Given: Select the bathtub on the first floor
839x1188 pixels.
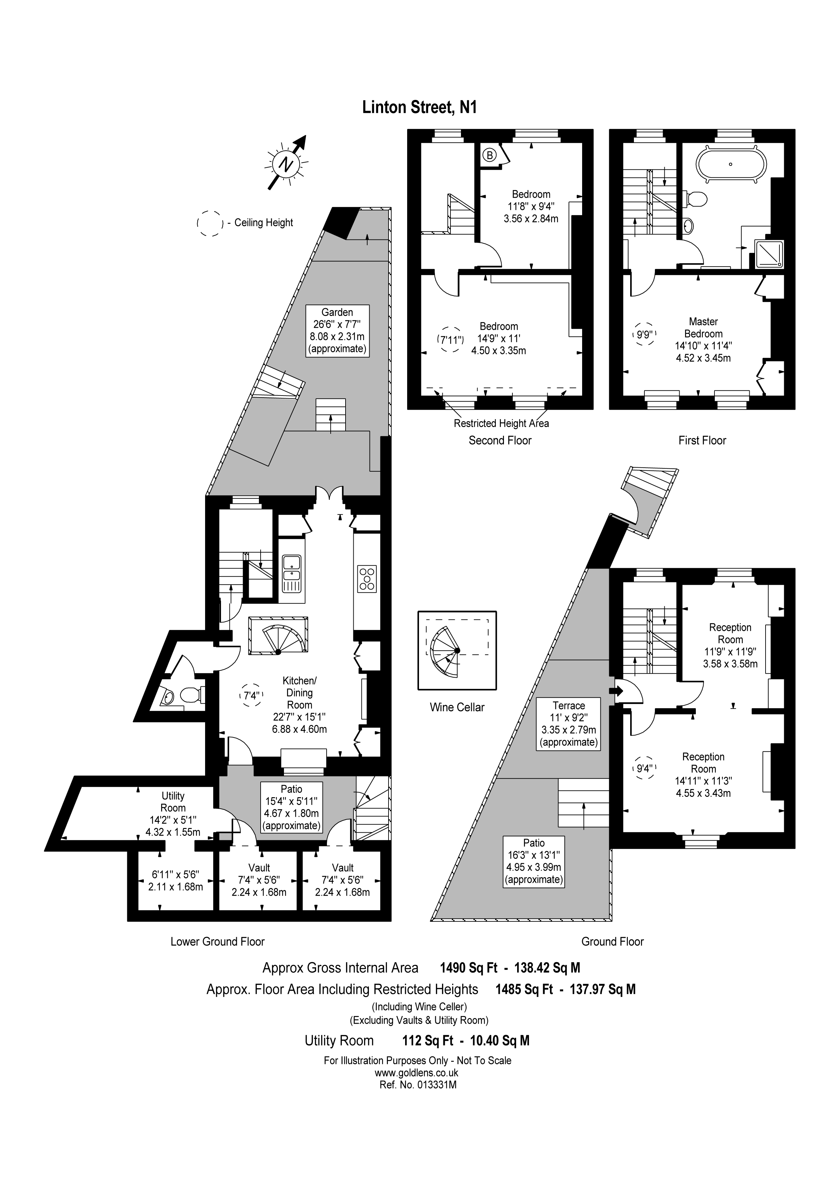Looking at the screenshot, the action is [x=730, y=165].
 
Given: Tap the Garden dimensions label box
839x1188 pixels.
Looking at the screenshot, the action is [x=337, y=331].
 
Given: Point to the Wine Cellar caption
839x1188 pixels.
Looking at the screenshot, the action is [x=457, y=707].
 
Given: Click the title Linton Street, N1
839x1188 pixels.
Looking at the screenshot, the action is [x=419, y=107].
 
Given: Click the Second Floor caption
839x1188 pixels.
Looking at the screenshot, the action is [x=500, y=440].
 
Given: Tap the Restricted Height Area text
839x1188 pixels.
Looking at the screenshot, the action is [x=501, y=423].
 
